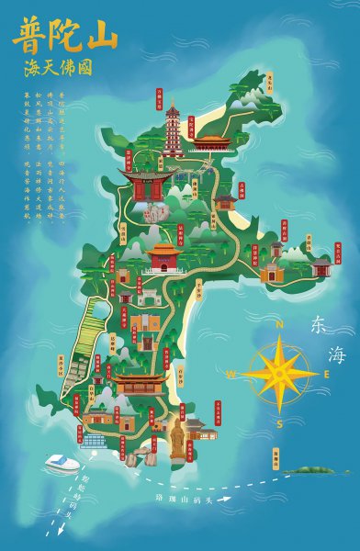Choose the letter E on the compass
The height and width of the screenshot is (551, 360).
click(329, 376)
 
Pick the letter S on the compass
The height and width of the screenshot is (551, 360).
click(279, 422)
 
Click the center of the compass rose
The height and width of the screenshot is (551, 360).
click(280, 373)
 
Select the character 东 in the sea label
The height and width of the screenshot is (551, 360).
click(319, 325)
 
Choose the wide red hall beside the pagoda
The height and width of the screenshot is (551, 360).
click(212, 142)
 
